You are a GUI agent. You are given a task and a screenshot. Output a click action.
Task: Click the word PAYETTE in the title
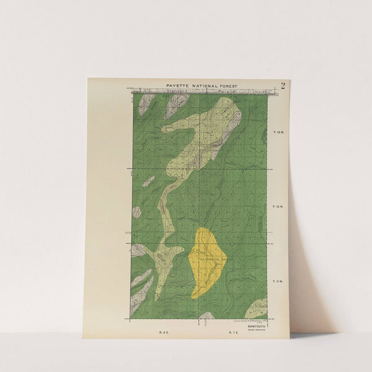[177, 85]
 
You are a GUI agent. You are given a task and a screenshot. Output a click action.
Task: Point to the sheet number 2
[283, 86]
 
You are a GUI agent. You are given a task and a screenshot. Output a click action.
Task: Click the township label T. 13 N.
[278, 132]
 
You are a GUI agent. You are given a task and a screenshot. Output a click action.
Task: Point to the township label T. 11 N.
[278, 281]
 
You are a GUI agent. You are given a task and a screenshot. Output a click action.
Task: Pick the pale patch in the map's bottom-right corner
[258, 309]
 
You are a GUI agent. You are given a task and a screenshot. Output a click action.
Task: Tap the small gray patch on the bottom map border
[206, 316]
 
